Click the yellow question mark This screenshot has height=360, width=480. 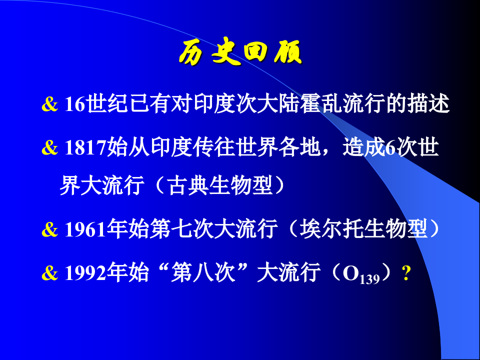click(406, 273)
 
